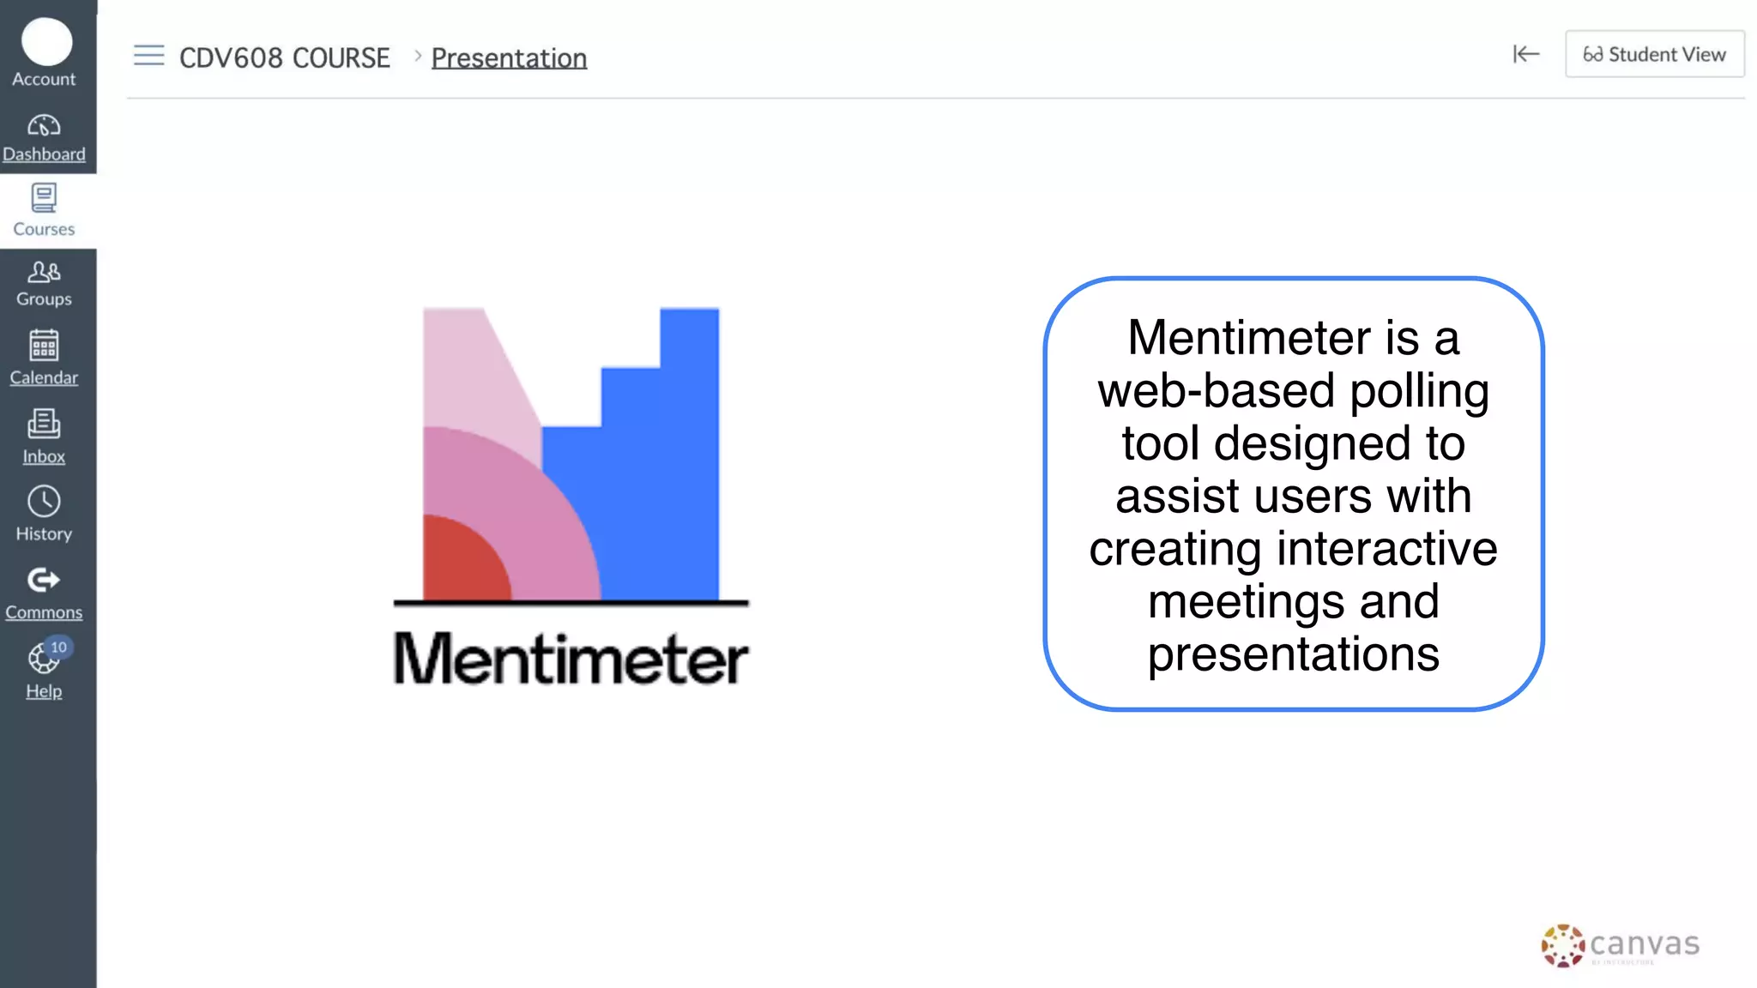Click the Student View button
(1654, 54)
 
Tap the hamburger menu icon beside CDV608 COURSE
(148, 56)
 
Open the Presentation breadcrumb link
(509, 57)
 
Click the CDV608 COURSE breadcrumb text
(284, 57)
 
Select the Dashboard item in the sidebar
(44, 137)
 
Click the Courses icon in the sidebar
(44, 198)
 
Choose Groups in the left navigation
(44, 284)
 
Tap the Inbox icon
(44, 424)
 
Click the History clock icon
(44, 502)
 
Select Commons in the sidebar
(44, 593)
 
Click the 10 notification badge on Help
(58, 648)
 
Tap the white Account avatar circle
(46, 41)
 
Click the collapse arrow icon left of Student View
(1525, 54)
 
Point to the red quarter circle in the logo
(459, 562)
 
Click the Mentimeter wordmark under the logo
(571, 659)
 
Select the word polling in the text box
(1419, 391)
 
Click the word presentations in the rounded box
(1293, 654)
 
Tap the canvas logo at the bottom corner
(1620, 945)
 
